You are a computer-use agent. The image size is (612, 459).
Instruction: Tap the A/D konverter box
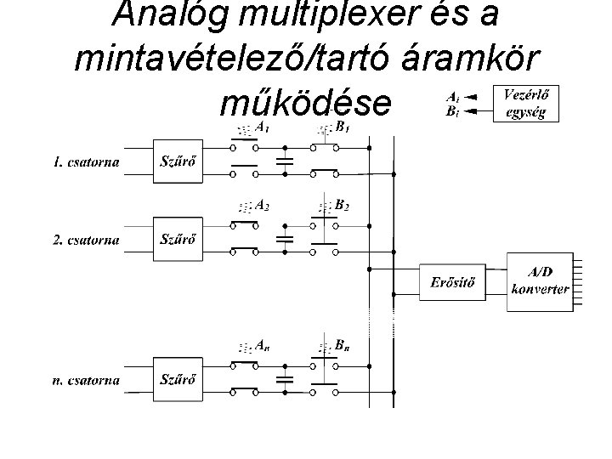click(x=539, y=281)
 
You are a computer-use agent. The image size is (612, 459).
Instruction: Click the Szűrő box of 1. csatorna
click(x=178, y=161)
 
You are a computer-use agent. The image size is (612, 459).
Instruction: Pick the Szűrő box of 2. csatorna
click(x=178, y=239)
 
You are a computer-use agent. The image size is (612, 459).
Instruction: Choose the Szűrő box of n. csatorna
click(x=178, y=379)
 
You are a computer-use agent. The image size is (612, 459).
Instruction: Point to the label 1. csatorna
click(x=87, y=161)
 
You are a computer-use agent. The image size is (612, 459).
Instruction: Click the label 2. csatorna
click(x=87, y=240)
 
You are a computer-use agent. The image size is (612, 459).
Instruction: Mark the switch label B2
click(x=342, y=205)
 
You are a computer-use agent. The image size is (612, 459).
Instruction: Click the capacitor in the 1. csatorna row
click(x=286, y=161)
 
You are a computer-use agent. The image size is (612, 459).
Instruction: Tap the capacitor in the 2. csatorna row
click(x=286, y=239)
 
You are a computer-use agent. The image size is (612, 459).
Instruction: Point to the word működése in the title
click(x=306, y=103)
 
